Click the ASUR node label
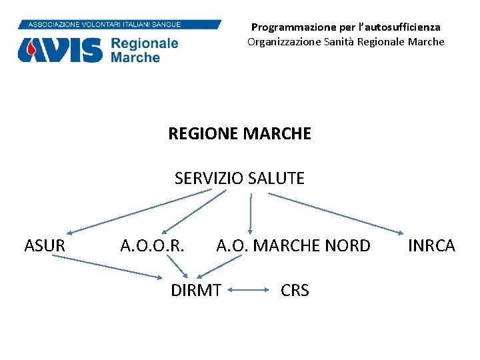point(45,246)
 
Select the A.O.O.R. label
point(152,246)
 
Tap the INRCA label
point(431,246)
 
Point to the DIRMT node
point(196,291)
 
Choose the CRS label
point(295,291)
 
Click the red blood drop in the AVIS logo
point(29,49)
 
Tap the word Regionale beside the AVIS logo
point(145,44)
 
